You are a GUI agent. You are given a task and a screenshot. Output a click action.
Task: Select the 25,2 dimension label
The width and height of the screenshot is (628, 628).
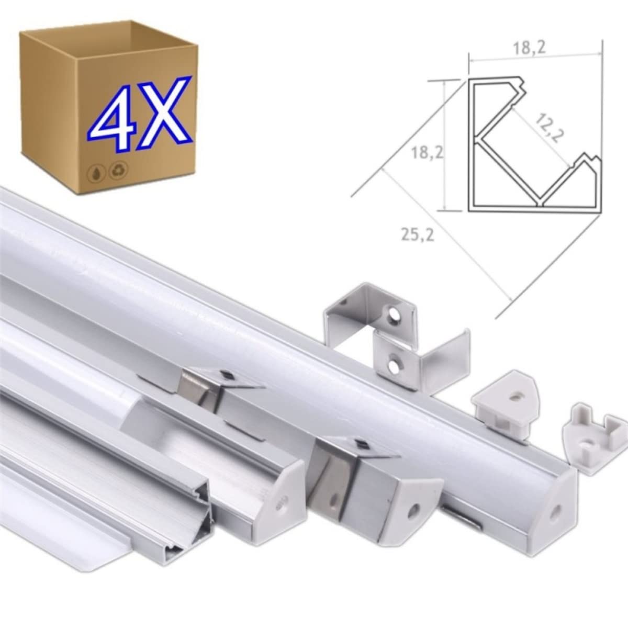[x=418, y=234]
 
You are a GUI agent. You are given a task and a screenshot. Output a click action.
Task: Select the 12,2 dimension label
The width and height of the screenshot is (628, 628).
[x=548, y=128]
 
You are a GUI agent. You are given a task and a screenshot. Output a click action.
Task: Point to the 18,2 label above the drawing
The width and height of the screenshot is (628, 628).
[x=530, y=49]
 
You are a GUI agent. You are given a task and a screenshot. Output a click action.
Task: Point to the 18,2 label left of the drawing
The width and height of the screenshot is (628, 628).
[x=427, y=153]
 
